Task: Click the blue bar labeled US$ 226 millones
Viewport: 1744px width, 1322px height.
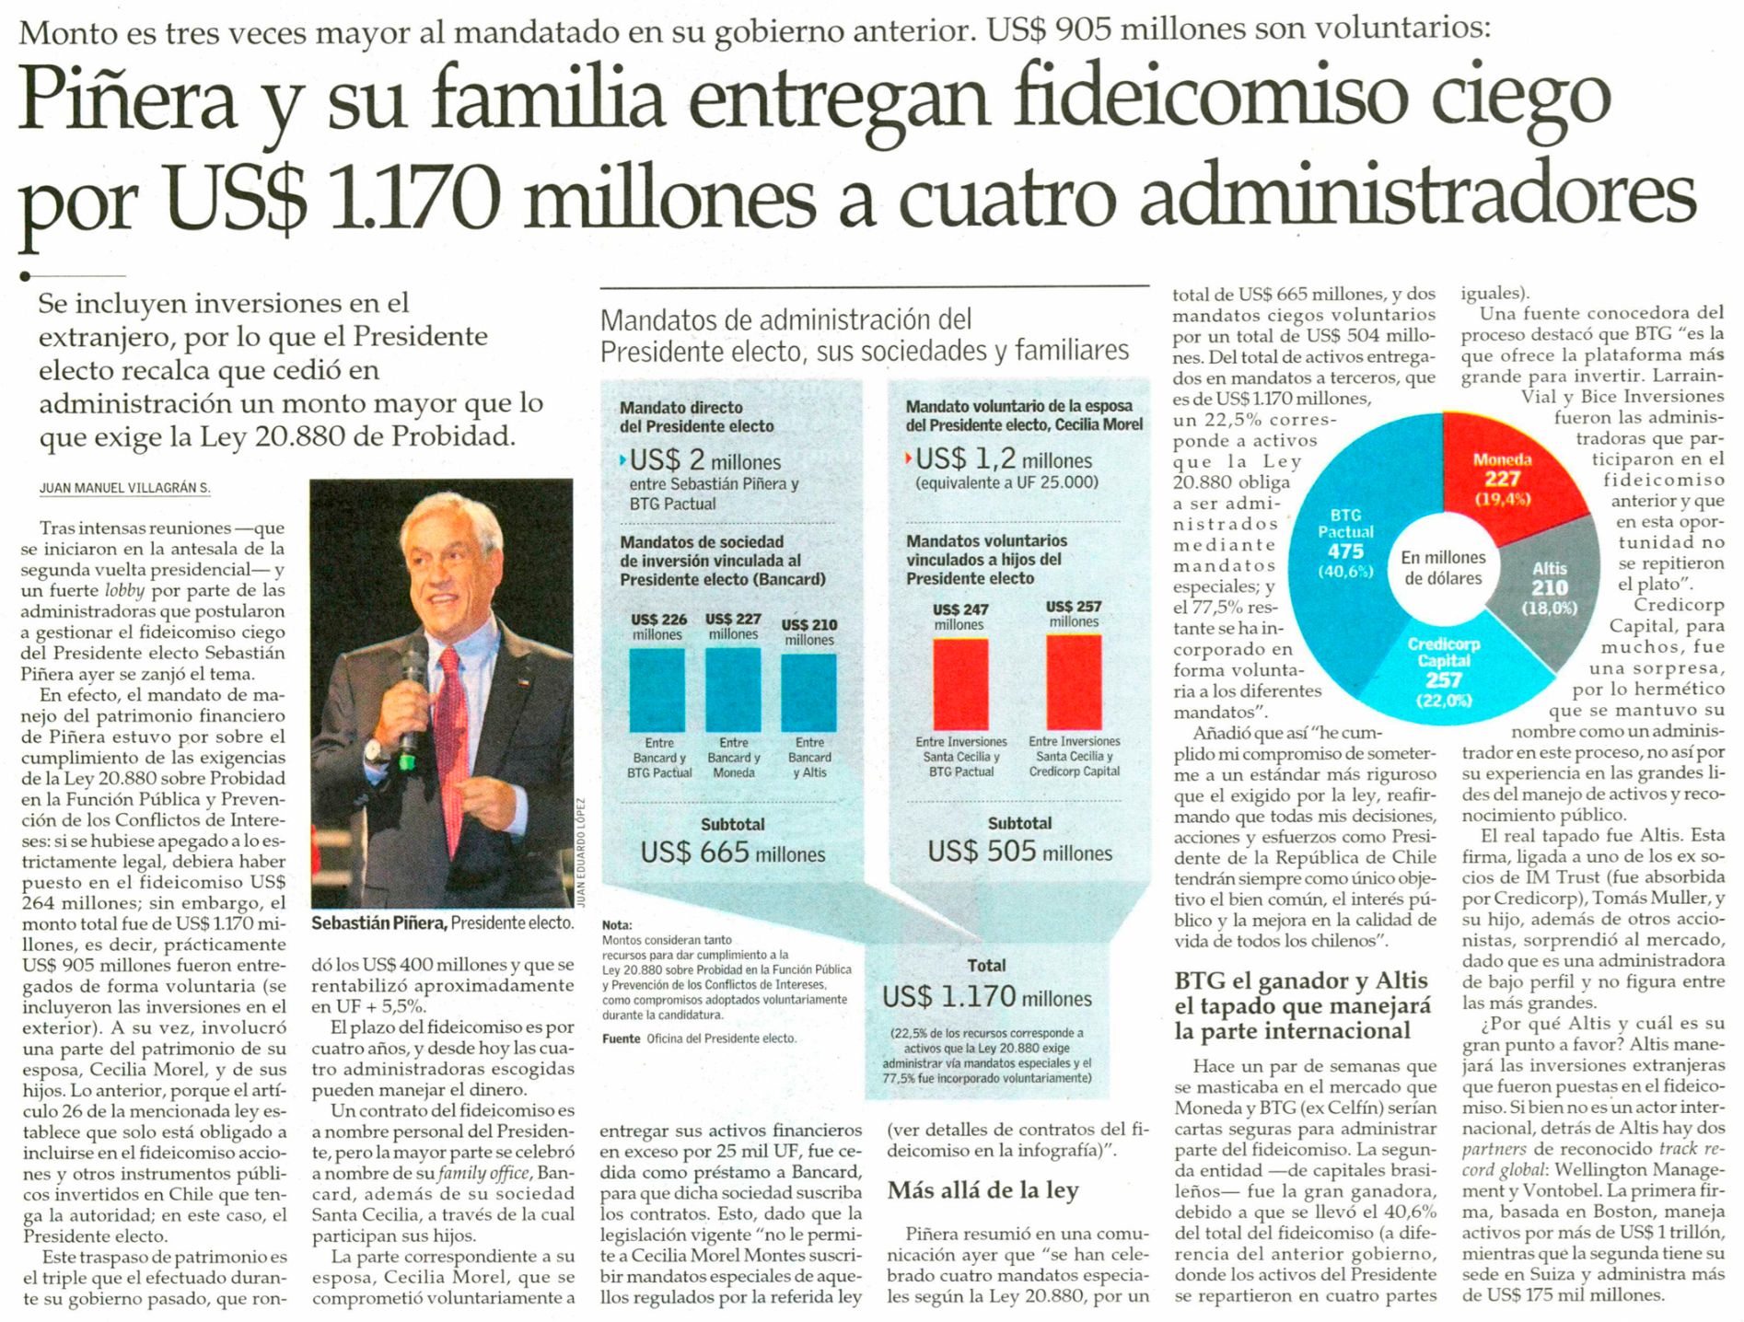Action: [657, 690]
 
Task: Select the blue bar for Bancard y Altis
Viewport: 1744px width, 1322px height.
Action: [808, 692]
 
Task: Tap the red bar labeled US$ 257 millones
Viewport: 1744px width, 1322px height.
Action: [1074, 681]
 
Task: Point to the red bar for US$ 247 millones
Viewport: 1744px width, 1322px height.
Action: [960, 684]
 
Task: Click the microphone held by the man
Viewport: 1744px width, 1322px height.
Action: [413, 696]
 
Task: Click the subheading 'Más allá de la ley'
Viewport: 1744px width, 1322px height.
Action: [982, 1190]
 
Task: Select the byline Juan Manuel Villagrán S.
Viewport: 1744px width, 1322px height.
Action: [124, 488]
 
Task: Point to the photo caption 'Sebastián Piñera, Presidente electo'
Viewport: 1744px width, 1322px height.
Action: [442, 922]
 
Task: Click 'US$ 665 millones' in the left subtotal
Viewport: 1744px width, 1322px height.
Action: [733, 852]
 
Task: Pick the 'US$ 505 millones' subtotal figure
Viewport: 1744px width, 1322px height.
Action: [1019, 852]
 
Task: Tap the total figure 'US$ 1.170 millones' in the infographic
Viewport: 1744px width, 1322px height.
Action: [987, 997]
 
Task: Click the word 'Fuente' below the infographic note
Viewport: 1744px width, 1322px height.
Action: [621, 1038]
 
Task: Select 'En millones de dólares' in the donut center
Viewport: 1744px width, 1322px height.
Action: [1443, 568]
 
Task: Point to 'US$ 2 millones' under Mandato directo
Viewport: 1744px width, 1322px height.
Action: [705, 461]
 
